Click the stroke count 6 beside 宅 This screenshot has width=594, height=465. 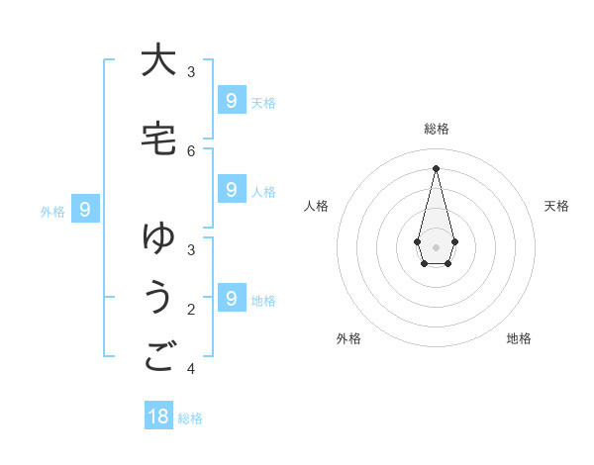pos(191,150)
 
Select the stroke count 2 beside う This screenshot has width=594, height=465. pos(191,310)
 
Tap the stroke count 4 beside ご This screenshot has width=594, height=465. pos(191,369)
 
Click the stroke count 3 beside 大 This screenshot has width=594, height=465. pos(191,71)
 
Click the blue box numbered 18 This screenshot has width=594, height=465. pos(158,417)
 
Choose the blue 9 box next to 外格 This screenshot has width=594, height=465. pos(85,210)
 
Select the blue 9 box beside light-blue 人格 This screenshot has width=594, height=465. pos(231,190)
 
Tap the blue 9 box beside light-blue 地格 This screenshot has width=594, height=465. pos(231,298)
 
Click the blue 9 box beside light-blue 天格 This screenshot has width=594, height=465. pos(231,101)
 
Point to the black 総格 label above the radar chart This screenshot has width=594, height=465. pos(437,129)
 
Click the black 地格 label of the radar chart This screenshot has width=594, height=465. pos(519,338)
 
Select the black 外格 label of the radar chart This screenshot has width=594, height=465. pos(348,338)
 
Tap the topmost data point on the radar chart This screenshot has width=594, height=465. pos(436,168)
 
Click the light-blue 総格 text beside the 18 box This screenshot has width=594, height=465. pos(190,418)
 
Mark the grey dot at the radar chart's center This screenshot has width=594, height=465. pos(436,246)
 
